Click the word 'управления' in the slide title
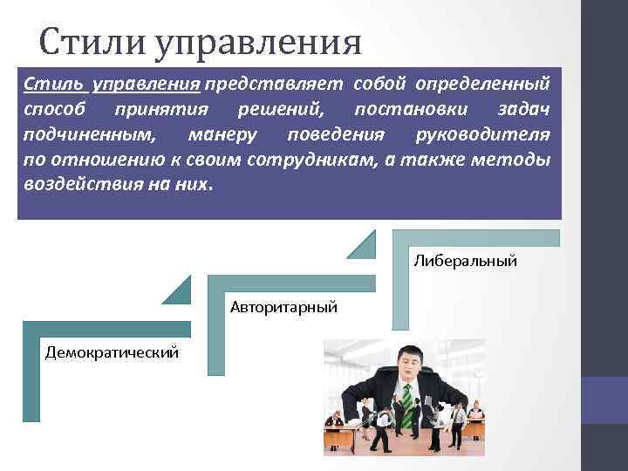[x=258, y=42]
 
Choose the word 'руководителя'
[x=495, y=136]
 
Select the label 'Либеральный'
[x=465, y=260]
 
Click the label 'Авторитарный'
[x=283, y=306]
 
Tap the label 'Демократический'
[x=113, y=352]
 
